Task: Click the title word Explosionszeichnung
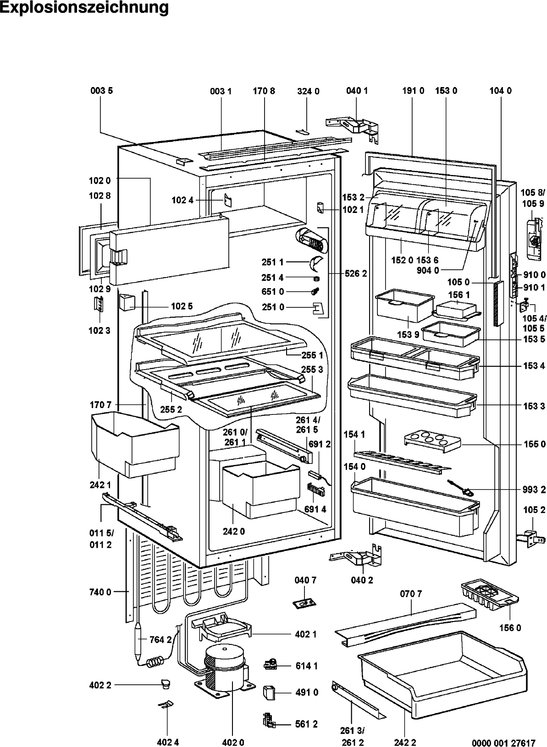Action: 84,7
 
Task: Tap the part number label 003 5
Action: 101,91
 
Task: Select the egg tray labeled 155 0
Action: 432,442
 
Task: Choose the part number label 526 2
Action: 356,274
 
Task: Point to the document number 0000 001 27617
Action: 503,743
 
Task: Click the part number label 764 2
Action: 160,640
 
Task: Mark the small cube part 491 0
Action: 269,692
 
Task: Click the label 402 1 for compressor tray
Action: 305,634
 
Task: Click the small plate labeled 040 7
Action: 304,604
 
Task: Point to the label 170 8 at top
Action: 264,91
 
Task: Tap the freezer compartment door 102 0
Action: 169,250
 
